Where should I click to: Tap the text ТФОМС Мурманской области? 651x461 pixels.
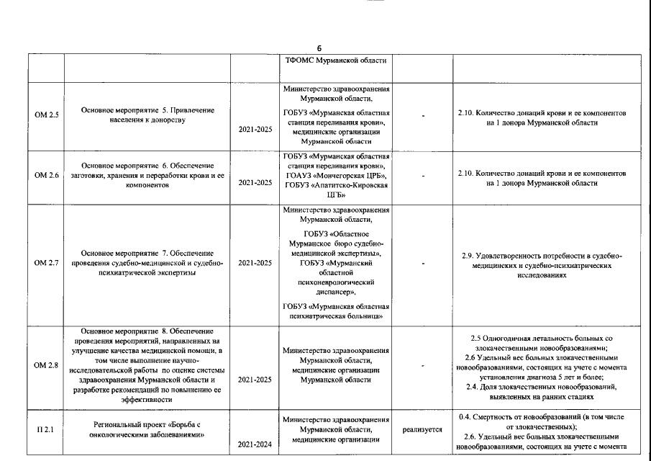click(337, 61)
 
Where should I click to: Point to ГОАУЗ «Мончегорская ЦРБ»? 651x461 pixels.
click(336, 175)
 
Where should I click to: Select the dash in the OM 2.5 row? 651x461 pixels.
click(422, 115)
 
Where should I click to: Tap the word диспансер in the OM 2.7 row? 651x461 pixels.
click(335, 293)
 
